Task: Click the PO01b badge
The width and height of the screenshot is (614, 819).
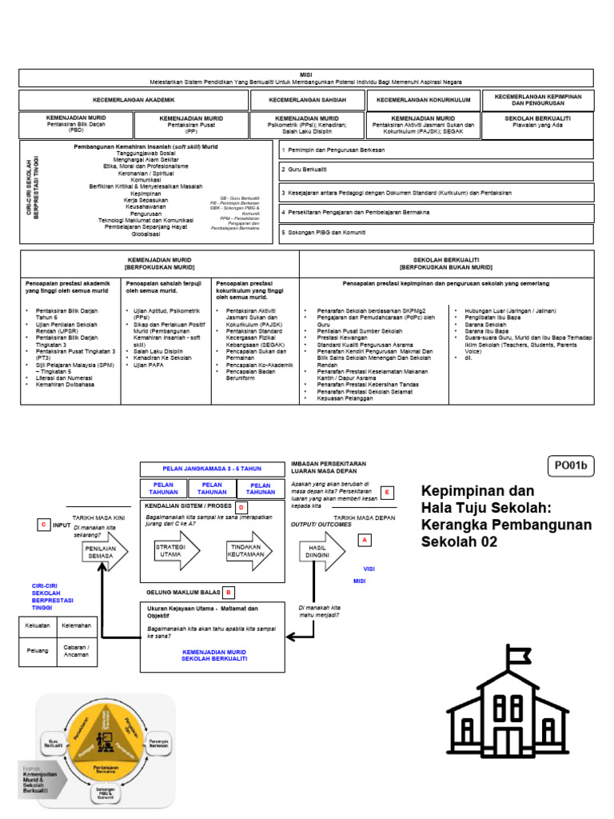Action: tap(572, 464)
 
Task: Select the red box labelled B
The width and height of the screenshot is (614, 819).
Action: tap(228, 592)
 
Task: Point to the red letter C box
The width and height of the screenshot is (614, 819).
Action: tap(43, 525)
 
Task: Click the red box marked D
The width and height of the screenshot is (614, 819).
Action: tap(241, 507)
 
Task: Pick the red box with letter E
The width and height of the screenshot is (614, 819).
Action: tap(388, 492)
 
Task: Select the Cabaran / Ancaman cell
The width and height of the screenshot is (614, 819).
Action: tap(77, 650)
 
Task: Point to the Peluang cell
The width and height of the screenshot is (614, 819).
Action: tap(38, 650)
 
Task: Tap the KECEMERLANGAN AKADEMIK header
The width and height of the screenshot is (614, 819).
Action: tap(133, 100)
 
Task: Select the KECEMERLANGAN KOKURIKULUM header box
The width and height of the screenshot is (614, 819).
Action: tap(424, 100)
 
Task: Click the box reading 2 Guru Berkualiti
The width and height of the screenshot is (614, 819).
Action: tap(436, 170)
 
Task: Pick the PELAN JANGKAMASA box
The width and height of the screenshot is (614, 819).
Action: tap(212, 469)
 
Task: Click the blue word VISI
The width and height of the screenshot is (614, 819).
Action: tap(369, 568)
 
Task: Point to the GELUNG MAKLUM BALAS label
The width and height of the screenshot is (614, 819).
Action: tap(181, 592)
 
